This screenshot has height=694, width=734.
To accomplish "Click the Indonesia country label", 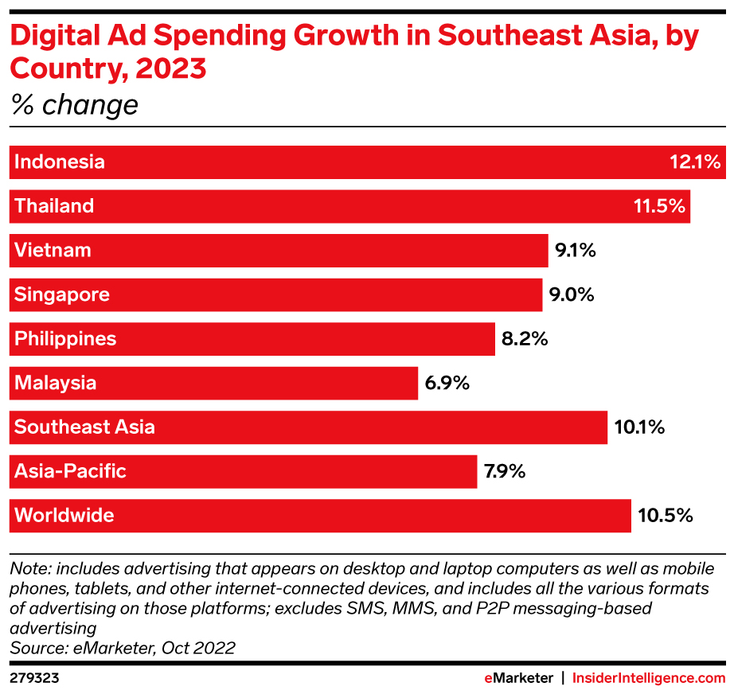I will coord(60,162).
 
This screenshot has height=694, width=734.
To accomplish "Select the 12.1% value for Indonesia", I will coord(695,162).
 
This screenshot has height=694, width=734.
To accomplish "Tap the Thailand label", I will coord(54,206).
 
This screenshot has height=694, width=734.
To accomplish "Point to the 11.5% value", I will coord(659,206).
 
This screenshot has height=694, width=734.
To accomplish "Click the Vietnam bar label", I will coord(53,251).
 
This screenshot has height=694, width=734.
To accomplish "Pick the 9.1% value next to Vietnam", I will coord(576,251).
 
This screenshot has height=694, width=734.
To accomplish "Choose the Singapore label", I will coord(62,294).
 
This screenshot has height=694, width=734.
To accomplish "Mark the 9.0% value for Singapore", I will coord(572,294).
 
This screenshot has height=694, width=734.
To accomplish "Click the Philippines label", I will coord(65,339).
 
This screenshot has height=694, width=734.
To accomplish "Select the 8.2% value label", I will coord(525,339).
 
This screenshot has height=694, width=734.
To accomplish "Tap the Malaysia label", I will coord(56,383).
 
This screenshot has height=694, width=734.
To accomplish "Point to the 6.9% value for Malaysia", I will coord(447,383).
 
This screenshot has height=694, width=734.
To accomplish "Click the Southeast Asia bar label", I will coord(84,427).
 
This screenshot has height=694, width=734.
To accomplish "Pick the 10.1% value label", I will coord(639,427).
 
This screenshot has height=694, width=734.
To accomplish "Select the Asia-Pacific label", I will coord(70,471).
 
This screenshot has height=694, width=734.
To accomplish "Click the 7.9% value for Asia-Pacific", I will coord(506,471).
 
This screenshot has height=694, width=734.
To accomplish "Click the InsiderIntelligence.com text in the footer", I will coord(649,678).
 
